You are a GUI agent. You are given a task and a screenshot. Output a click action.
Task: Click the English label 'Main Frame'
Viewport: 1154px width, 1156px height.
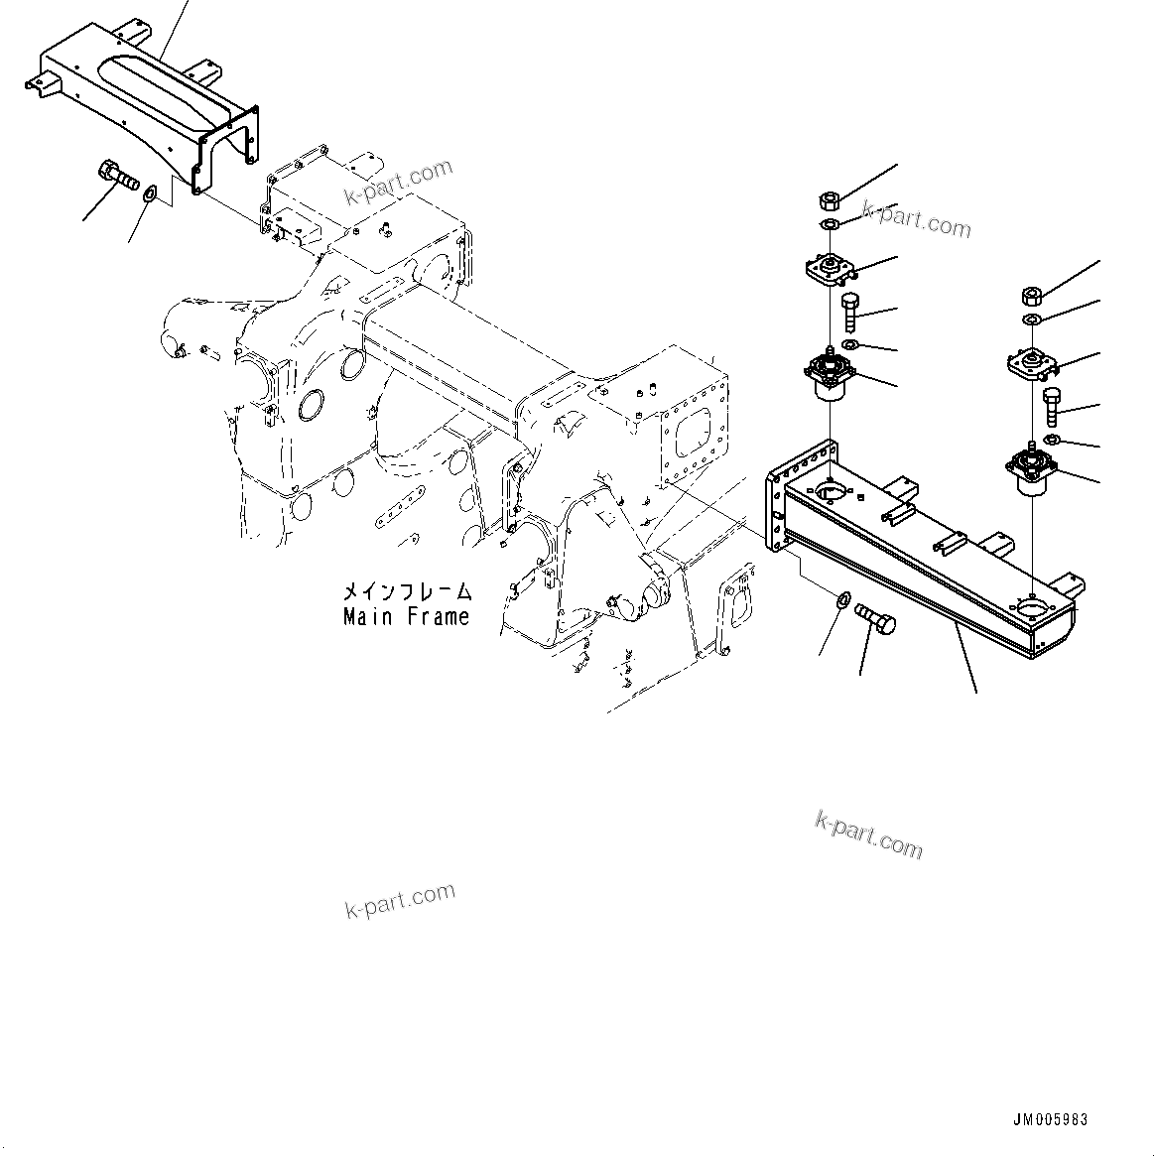click(x=406, y=616)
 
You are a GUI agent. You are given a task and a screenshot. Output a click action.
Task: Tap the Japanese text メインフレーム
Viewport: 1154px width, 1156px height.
click(x=407, y=592)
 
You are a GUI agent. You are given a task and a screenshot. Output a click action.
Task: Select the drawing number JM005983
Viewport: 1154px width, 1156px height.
click(x=1050, y=1119)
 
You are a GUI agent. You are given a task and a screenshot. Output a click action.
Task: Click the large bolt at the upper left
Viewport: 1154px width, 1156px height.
click(x=116, y=178)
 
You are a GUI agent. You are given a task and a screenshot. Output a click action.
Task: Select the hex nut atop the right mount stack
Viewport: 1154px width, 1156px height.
click(x=1031, y=295)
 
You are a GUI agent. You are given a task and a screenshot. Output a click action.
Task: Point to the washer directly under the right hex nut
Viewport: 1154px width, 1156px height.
click(x=1031, y=319)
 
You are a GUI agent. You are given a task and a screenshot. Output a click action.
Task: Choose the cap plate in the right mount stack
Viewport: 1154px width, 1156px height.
click(x=1030, y=364)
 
